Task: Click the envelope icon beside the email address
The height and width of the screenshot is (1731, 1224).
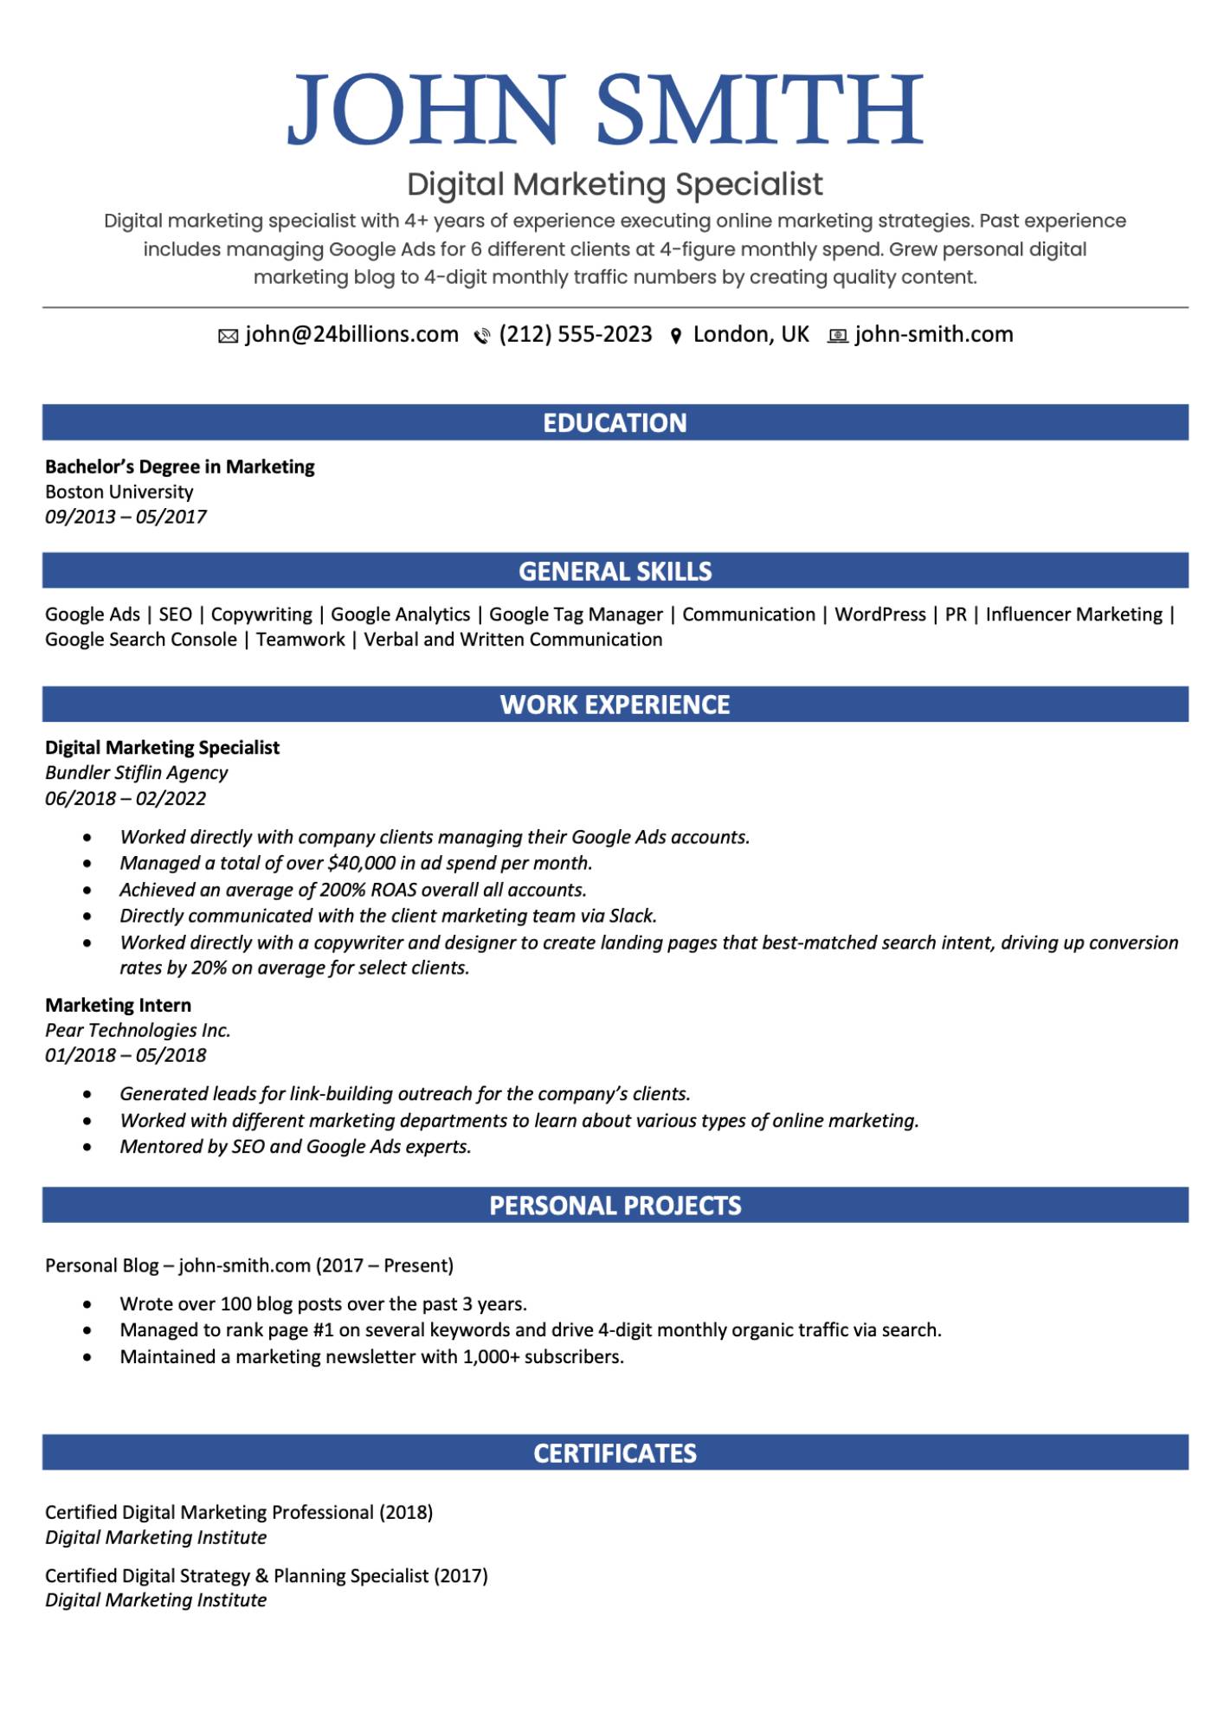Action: (228, 337)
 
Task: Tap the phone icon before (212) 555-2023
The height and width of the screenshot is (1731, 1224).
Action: (482, 337)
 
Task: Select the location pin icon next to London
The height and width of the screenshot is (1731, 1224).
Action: (676, 337)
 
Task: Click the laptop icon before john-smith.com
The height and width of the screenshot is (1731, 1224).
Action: (837, 337)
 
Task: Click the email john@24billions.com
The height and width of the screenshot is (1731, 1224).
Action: (351, 335)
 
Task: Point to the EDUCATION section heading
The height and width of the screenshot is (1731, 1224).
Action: (615, 423)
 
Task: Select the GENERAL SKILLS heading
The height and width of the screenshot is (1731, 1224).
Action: (615, 571)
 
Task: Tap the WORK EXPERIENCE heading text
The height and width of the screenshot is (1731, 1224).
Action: (615, 705)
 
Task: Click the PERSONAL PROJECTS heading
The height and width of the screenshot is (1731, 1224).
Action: (615, 1206)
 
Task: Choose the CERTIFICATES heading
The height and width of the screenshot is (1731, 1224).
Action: (615, 1453)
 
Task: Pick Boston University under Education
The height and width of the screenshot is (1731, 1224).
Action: (119, 492)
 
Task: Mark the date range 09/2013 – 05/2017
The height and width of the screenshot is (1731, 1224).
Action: (126, 517)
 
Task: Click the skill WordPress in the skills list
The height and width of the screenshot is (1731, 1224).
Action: (879, 615)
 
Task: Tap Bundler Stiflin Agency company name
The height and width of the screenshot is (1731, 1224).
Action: (136, 773)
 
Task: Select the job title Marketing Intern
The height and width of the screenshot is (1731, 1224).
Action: (118, 1005)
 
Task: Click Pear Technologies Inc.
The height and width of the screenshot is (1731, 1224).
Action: (138, 1030)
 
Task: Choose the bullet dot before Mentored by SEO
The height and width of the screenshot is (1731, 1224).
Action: (87, 1147)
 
